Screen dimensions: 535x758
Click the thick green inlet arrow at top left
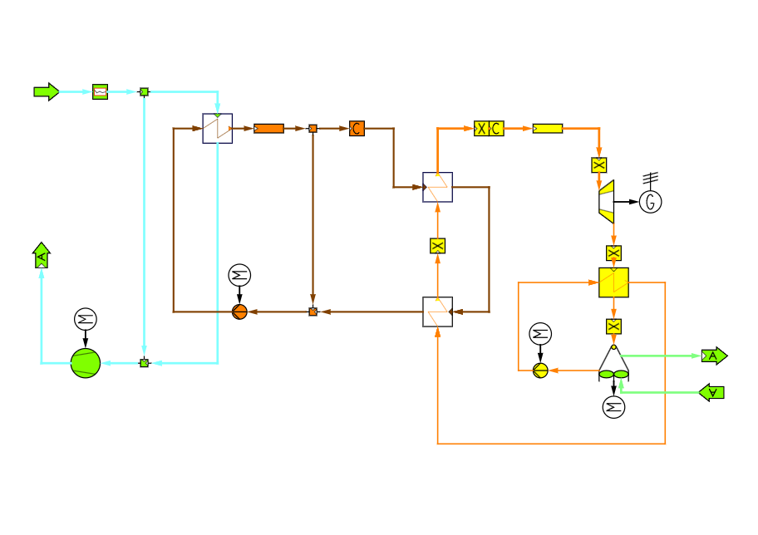pyautogui.click(x=46, y=91)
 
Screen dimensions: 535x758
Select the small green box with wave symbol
pyautogui.click(x=100, y=91)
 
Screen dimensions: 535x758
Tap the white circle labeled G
pyautogui.click(x=650, y=202)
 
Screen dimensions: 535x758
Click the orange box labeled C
pyautogui.click(x=357, y=128)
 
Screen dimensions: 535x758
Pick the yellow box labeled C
pyautogui.click(x=496, y=128)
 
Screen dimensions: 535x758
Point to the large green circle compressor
pyautogui.click(x=86, y=363)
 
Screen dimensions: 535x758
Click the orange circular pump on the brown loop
pyautogui.click(x=239, y=312)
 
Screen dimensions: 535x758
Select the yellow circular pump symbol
pyautogui.click(x=540, y=371)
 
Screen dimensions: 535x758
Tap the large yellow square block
pyautogui.click(x=613, y=282)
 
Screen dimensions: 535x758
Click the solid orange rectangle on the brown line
pyautogui.click(x=268, y=128)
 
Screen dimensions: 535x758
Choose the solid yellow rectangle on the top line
pyautogui.click(x=548, y=128)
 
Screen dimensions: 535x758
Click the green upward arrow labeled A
pyautogui.click(x=41, y=256)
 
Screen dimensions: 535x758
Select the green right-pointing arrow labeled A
pyautogui.click(x=713, y=356)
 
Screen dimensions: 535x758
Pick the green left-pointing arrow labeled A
pyautogui.click(x=711, y=392)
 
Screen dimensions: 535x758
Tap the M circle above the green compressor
pyautogui.click(x=86, y=319)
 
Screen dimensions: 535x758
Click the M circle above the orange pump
pyautogui.click(x=239, y=275)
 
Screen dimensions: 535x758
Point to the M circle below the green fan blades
pyautogui.click(x=613, y=407)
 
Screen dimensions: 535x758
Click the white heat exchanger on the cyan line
pyautogui.click(x=218, y=129)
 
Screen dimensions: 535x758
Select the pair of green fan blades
pyautogui.click(x=613, y=374)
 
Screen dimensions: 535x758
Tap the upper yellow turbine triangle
pyautogui.click(x=607, y=188)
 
